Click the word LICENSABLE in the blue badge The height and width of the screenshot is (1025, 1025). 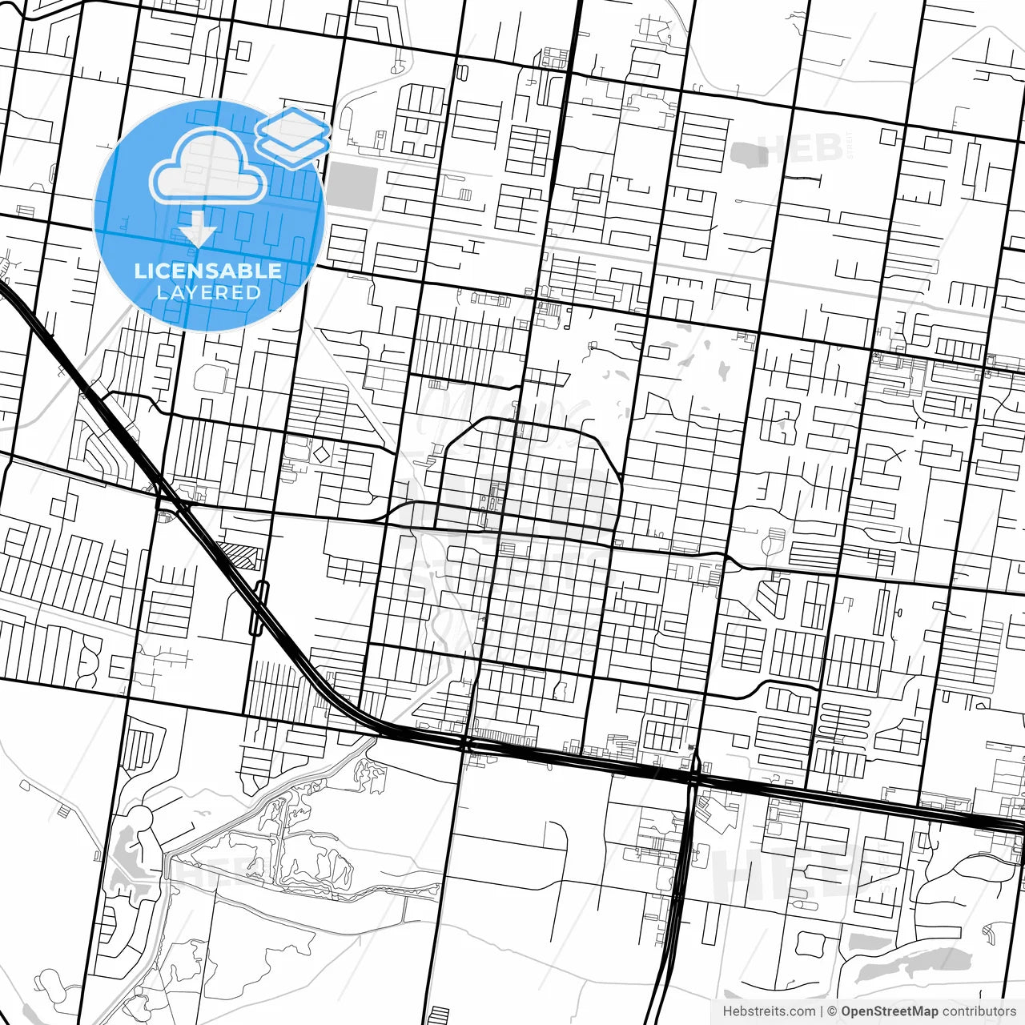(x=208, y=271)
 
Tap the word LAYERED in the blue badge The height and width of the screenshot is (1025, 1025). (x=208, y=292)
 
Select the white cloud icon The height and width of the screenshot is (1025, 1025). (x=208, y=167)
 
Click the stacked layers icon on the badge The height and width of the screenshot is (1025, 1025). (x=293, y=136)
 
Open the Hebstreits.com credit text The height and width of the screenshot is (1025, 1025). (x=769, y=1011)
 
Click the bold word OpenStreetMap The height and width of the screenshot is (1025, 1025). (x=889, y=1011)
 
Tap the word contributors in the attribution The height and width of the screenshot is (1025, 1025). (x=979, y=1011)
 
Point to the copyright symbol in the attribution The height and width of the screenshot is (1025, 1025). (x=832, y=1011)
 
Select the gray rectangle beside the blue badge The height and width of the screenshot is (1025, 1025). (x=352, y=187)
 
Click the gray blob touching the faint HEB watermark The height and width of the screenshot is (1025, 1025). (x=749, y=155)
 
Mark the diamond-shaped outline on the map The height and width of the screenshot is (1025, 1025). (x=320, y=455)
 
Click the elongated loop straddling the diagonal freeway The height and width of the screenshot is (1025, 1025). (x=258, y=609)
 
